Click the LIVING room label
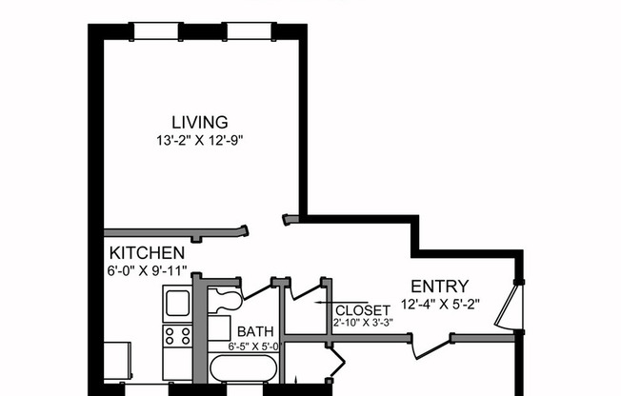(200, 122)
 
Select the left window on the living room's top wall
(157, 31)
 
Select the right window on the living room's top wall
(254, 31)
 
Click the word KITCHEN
(147, 253)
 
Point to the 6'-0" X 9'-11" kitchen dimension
(147, 270)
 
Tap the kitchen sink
(178, 304)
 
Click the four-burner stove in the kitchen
(178, 335)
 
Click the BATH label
(256, 331)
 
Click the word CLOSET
(362, 311)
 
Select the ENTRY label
(439, 287)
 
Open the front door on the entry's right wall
(514, 307)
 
